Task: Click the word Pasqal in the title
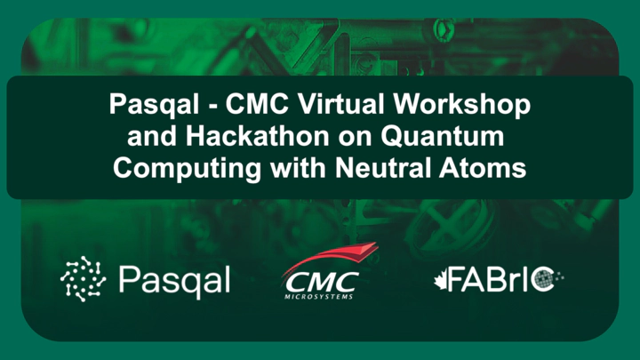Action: point(154,105)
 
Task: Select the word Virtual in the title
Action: point(341,104)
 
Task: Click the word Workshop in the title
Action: point(462,105)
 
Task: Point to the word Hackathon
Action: point(258,136)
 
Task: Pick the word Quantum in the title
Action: point(443,136)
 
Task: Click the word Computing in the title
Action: point(188,169)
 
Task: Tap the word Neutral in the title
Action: point(382,168)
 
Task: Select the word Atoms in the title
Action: point(483,168)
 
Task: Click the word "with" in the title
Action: point(298,168)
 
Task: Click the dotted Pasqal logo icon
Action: point(84,279)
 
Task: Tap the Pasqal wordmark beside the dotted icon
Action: point(175,280)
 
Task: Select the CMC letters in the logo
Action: point(322,282)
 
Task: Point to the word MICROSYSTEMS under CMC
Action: point(319,296)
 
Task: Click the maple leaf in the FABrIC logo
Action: point(441,281)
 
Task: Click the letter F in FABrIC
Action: point(457,279)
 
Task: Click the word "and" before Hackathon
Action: point(152,136)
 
